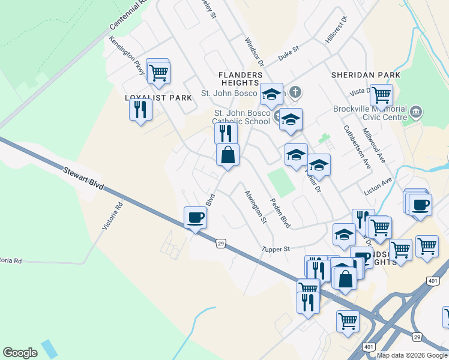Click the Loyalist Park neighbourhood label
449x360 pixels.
[x=158, y=98]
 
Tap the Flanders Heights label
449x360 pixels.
[x=240, y=79]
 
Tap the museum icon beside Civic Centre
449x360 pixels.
[x=416, y=112]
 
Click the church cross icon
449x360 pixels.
[x=294, y=92]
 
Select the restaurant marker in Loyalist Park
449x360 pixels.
[x=140, y=110]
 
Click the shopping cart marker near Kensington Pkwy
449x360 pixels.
[x=158, y=73]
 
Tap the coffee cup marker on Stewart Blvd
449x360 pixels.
[x=195, y=217]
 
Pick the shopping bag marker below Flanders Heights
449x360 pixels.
[x=228, y=155]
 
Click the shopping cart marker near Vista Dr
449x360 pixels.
[x=381, y=95]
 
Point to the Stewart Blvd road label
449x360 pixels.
[x=83, y=179]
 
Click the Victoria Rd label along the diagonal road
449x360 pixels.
[x=112, y=215]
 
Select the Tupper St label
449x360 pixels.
[x=276, y=248]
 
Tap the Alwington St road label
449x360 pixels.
[x=255, y=207]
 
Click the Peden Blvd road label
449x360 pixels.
[x=280, y=213]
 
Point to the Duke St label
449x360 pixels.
[x=288, y=55]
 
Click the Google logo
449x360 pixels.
[x=20, y=353]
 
